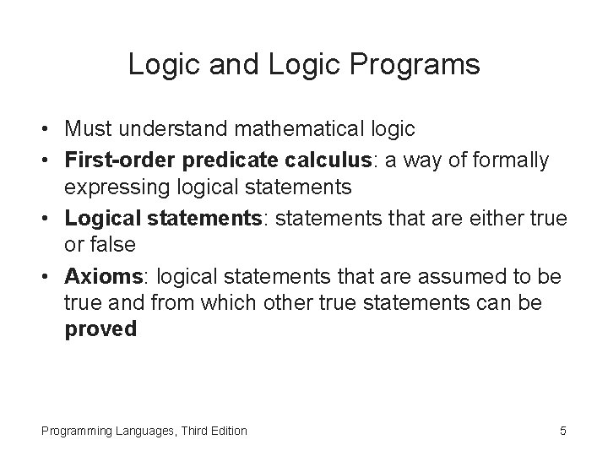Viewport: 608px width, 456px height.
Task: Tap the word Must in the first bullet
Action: pyautogui.click(x=89, y=128)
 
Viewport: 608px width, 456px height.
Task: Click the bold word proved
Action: pyautogui.click(x=100, y=328)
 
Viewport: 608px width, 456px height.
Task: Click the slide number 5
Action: pyautogui.click(x=562, y=431)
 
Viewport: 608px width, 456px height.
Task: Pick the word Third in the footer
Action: pyautogui.click(x=191, y=431)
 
